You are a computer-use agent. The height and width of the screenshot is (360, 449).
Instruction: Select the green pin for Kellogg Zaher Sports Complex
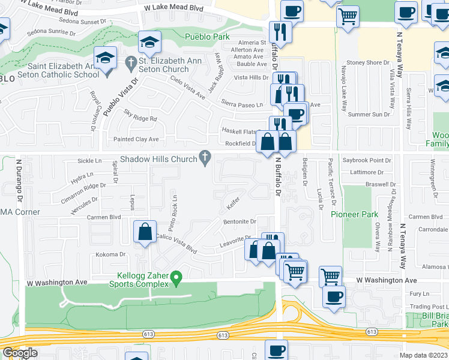176,278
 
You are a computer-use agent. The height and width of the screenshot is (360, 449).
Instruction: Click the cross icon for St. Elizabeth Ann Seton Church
131,62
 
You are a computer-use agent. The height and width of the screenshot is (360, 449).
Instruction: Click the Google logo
20,353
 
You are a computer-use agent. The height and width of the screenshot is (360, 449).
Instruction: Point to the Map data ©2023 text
424,355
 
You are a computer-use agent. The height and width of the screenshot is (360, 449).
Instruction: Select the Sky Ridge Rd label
140,119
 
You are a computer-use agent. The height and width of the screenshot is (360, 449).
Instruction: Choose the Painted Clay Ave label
136,139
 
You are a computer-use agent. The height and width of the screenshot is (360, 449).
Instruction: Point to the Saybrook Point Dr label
366,161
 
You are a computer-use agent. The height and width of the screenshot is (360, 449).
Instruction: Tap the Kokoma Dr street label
109,255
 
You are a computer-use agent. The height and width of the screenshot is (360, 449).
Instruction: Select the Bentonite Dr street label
240,222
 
